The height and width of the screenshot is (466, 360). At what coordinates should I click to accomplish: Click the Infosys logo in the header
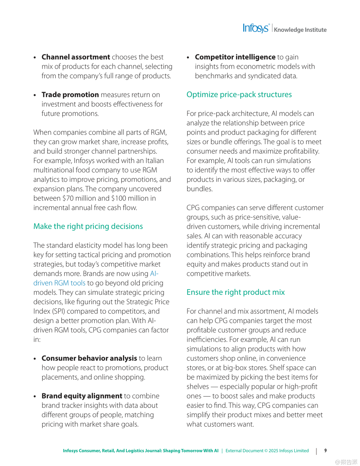click(x=256, y=28)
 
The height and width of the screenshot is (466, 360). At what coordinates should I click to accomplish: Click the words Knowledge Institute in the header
click(x=300, y=30)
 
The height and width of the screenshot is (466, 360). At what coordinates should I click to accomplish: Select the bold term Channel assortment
click(x=76, y=57)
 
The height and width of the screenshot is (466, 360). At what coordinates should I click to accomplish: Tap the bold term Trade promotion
click(x=70, y=95)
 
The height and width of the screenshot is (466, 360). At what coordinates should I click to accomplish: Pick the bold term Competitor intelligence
click(x=235, y=57)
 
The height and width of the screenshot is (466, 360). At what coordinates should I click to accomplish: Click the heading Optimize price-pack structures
click(x=239, y=94)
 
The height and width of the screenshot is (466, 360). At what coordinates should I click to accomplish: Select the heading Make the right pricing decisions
click(x=88, y=226)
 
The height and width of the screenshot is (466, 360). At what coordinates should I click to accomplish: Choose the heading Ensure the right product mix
click(x=236, y=292)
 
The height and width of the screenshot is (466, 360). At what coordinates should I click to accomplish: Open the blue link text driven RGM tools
click(x=59, y=283)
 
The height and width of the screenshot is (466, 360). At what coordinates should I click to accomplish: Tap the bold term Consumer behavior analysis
click(x=89, y=358)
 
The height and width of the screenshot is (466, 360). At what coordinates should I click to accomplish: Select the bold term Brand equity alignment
click(x=82, y=396)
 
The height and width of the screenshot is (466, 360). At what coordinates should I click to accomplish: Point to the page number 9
click(x=326, y=450)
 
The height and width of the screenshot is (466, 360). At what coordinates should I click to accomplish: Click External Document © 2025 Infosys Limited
click(x=267, y=451)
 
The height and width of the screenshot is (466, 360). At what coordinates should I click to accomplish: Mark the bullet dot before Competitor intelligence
click(x=188, y=57)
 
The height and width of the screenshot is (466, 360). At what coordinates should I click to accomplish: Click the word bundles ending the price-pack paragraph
click(x=199, y=189)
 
